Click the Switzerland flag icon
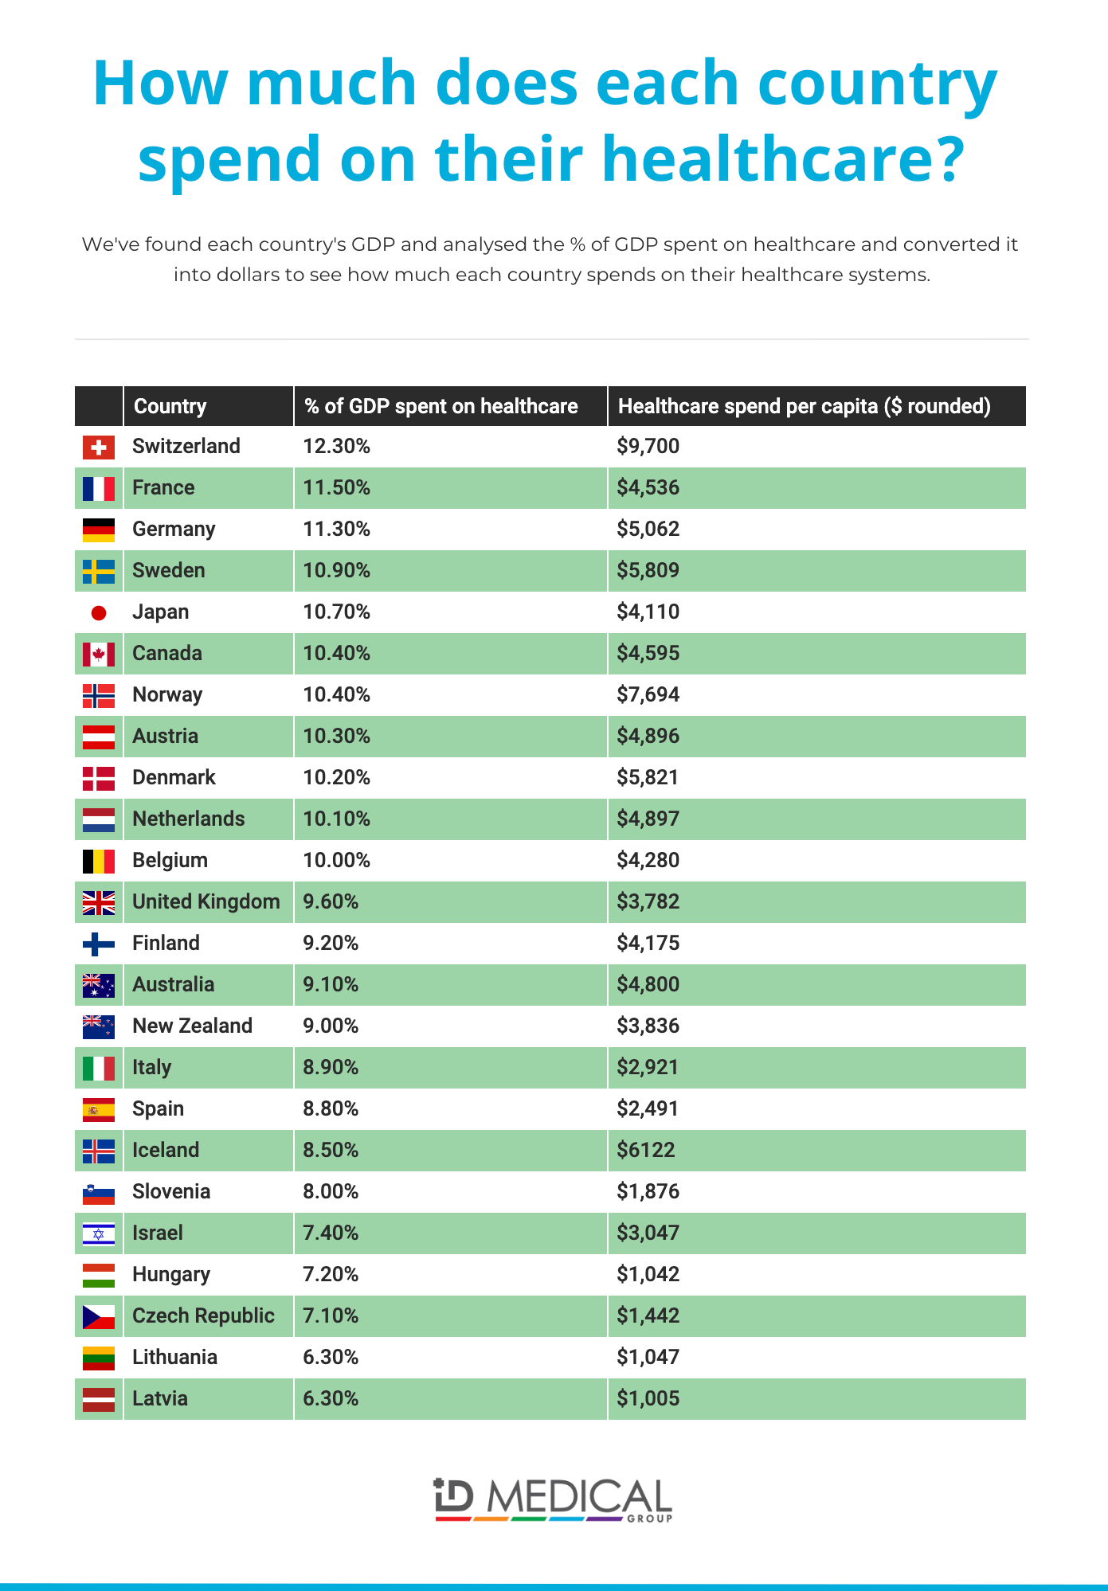tap(99, 447)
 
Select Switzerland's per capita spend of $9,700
tap(648, 447)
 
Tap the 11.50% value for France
tap(337, 488)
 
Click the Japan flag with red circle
tap(99, 612)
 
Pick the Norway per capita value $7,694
tap(648, 695)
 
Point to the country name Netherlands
tap(189, 819)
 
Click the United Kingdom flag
tap(99, 902)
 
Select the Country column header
tap(170, 407)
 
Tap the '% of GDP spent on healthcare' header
tap(441, 407)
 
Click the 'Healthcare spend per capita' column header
tap(805, 407)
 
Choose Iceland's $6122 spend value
tap(646, 1151)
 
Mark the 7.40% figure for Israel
tap(331, 1233)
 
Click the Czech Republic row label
tap(204, 1316)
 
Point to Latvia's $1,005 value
tap(648, 1399)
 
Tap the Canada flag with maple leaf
tap(99, 654)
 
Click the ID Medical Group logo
tap(554, 1500)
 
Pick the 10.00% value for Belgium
tap(337, 861)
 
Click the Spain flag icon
tap(99, 1109)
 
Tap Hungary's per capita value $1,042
tap(648, 1275)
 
